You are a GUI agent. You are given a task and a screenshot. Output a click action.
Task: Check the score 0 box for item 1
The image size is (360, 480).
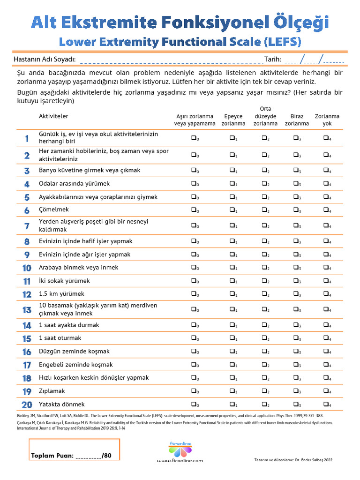pyautogui.click(x=193, y=138)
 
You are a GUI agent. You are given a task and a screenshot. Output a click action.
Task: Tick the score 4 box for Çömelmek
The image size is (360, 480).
pyautogui.click(x=326, y=210)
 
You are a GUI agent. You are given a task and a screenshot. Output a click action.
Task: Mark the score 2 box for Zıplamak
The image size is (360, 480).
pyautogui.click(x=264, y=391)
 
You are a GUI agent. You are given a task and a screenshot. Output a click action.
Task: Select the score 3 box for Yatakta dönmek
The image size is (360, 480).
pyautogui.click(x=296, y=404)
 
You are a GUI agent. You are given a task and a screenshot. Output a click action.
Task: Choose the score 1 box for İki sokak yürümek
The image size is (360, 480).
pyautogui.click(x=232, y=281)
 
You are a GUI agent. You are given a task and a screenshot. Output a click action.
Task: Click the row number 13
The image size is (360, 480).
pyautogui.click(x=27, y=310)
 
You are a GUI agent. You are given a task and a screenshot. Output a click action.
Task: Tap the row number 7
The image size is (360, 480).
pyautogui.click(x=27, y=226)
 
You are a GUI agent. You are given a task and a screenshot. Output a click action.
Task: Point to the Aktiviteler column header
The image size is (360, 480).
pyautogui.click(x=53, y=116)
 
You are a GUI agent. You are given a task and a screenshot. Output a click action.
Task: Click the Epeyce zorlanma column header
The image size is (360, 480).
pyautogui.click(x=233, y=120)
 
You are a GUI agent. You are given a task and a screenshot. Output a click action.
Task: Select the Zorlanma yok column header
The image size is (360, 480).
pyautogui.click(x=327, y=120)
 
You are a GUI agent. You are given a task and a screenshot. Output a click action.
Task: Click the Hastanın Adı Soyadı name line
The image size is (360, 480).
pyautogui.click(x=169, y=60)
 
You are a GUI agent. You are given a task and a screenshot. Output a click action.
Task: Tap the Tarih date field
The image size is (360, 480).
pyautogui.click(x=314, y=59)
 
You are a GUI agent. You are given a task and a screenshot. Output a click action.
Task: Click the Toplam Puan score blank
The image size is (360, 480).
pyautogui.click(x=88, y=455)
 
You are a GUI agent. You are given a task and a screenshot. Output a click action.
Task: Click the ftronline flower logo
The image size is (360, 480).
pyautogui.click(x=180, y=450)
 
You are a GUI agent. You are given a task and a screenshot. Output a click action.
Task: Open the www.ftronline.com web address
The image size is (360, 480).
pyautogui.click(x=180, y=461)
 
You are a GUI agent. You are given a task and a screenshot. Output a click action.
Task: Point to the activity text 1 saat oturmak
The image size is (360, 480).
pyautogui.click(x=60, y=338)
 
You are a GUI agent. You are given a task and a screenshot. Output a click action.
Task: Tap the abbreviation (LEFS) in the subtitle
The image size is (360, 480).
pyautogui.click(x=282, y=42)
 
